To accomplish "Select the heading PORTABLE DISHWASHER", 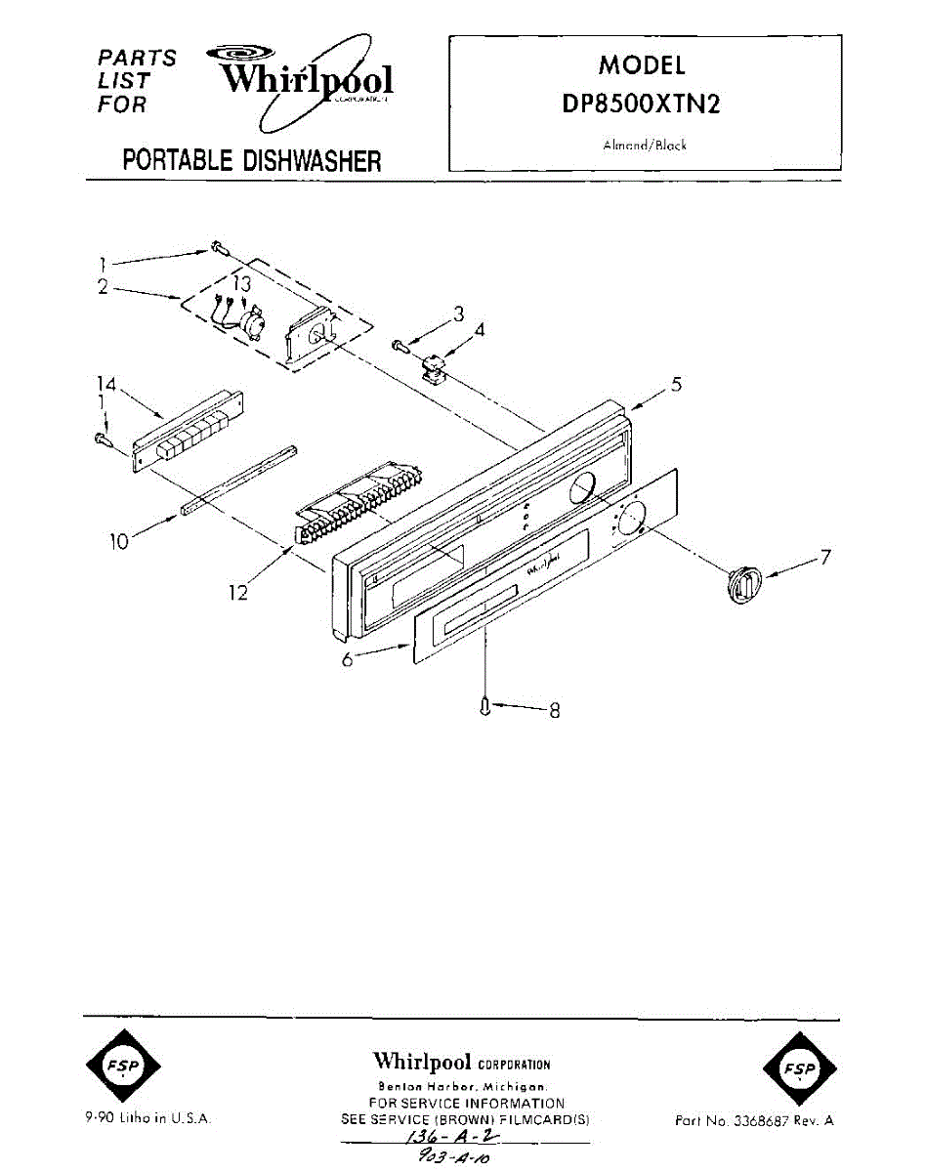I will click(251, 161).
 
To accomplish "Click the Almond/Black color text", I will click(644, 146).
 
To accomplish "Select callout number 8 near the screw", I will click(555, 711).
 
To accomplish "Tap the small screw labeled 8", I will click(485, 706).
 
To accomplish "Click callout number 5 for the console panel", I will click(675, 385).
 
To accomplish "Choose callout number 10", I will click(119, 540).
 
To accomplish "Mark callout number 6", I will click(348, 660).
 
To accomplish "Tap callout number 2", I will click(101, 287).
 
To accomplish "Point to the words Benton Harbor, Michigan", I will click(462, 1087).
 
